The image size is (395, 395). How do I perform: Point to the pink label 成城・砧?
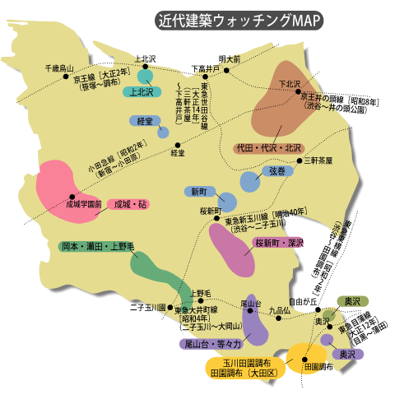coord(131,203)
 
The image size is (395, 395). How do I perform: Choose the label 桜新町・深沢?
coord(279,244)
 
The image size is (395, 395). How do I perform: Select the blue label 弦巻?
coord(276,171)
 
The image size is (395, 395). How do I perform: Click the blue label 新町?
coord(198,191)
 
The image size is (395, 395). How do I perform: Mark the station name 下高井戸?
coord(204,68)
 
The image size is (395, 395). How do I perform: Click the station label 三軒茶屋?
coord(318,160)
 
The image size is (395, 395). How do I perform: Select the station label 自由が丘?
coord(303,301)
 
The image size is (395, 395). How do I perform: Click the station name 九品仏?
coord(280,310)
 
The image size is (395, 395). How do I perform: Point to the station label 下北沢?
coord(289,84)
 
